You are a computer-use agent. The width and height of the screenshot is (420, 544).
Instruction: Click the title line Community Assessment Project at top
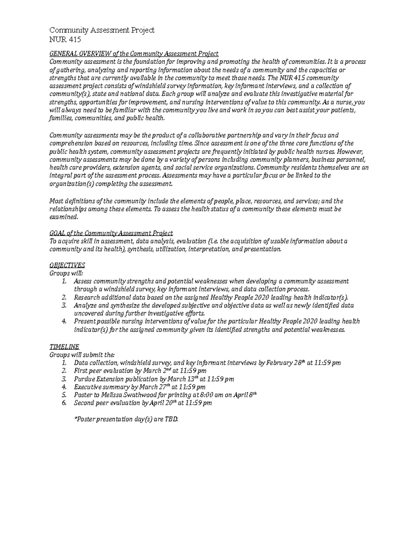(102, 30)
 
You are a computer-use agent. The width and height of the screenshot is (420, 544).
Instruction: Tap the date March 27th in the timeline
(154, 387)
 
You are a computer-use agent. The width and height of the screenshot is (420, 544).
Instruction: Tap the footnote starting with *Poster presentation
(126, 419)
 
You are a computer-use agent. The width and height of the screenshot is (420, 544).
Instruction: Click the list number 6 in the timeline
(64, 403)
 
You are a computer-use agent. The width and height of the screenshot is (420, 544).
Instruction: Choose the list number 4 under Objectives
(64, 322)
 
